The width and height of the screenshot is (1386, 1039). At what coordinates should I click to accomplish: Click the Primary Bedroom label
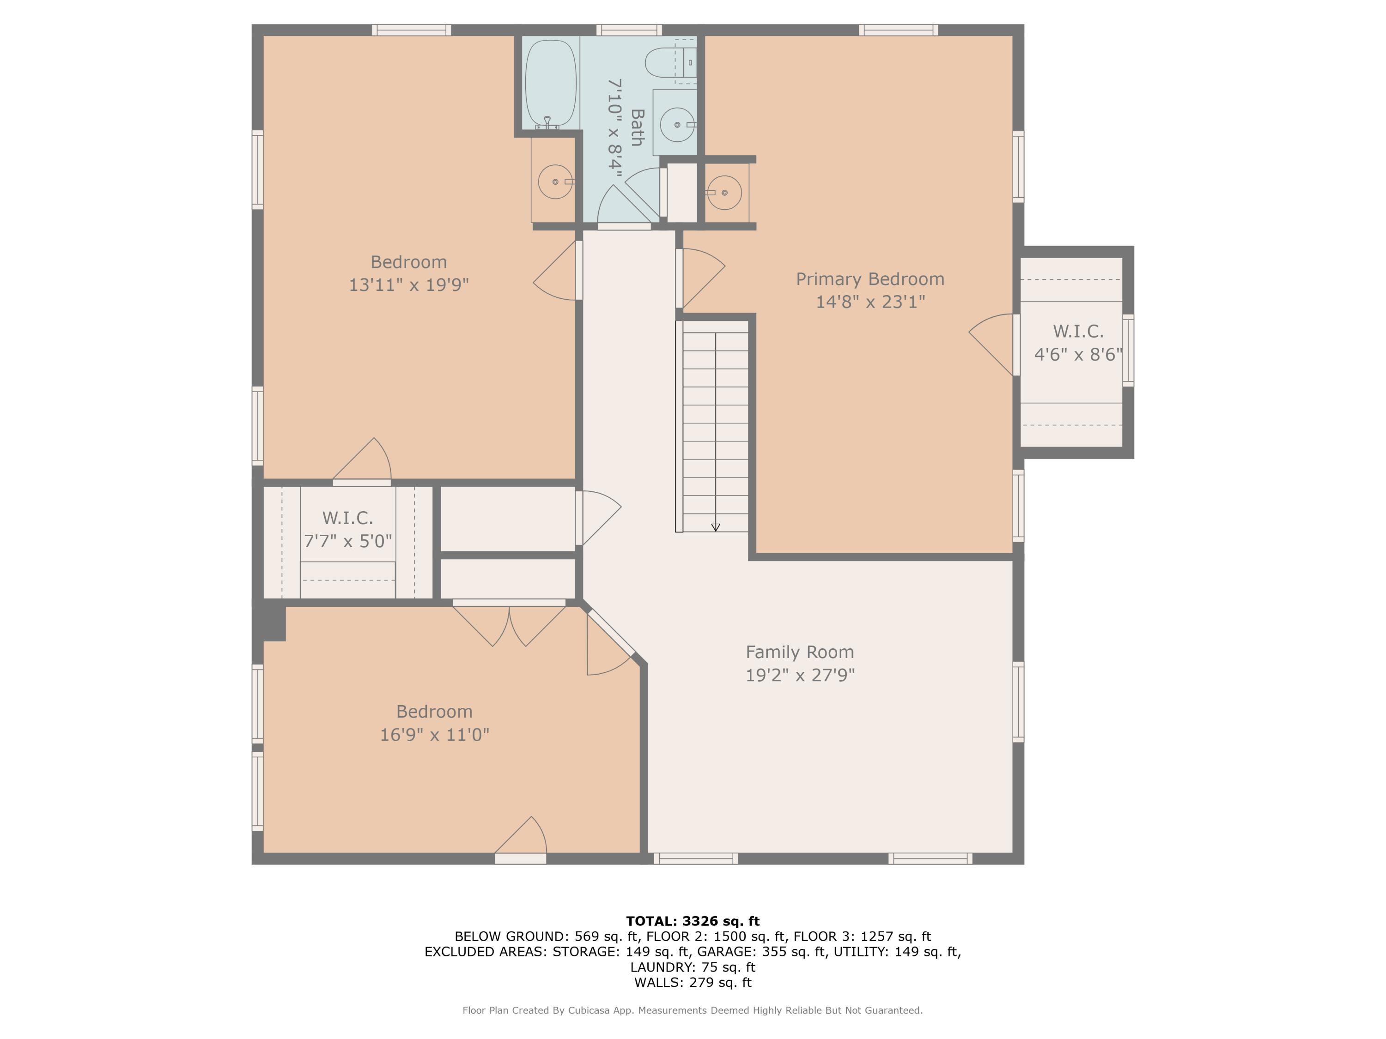pos(869,279)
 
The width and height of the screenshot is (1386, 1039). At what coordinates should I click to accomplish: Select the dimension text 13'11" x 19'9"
pos(408,285)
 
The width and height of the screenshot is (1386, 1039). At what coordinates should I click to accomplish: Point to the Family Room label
pos(800,652)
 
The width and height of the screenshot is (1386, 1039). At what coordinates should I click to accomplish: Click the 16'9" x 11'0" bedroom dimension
pos(434,735)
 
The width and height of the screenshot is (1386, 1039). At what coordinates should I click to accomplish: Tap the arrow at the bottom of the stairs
pos(716,527)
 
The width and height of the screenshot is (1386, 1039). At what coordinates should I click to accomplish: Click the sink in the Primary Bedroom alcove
pos(724,192)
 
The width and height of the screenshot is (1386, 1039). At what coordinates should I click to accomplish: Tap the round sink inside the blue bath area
pos(677,125)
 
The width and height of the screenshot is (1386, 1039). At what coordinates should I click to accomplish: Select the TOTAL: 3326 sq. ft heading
pos(693,921)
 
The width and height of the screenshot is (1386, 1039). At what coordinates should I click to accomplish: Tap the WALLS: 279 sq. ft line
pos(693,983)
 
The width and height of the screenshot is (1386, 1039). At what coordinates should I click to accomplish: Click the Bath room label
pos(637,128)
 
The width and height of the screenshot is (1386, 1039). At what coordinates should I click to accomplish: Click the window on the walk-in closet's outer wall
pos(1128,350)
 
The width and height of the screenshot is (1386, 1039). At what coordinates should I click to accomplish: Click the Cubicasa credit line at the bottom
pos(693,1010)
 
